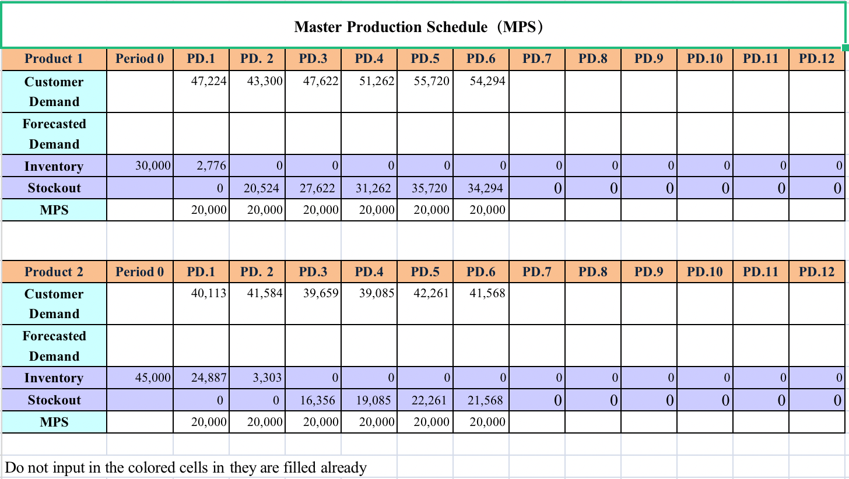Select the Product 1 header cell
click(54, 59)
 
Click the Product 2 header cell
click(54, 272)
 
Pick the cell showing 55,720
click(431, 82)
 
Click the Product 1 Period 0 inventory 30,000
click(153, 166)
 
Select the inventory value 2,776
click(208, 166)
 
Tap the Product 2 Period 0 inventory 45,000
click(153, 378)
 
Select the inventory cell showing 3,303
click(266, 378)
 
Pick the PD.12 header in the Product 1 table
click(816, 59)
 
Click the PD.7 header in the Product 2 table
click(536, 272)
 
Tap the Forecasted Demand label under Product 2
click(54, 346)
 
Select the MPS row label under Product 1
click(54, 210)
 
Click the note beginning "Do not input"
click(185, 467)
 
